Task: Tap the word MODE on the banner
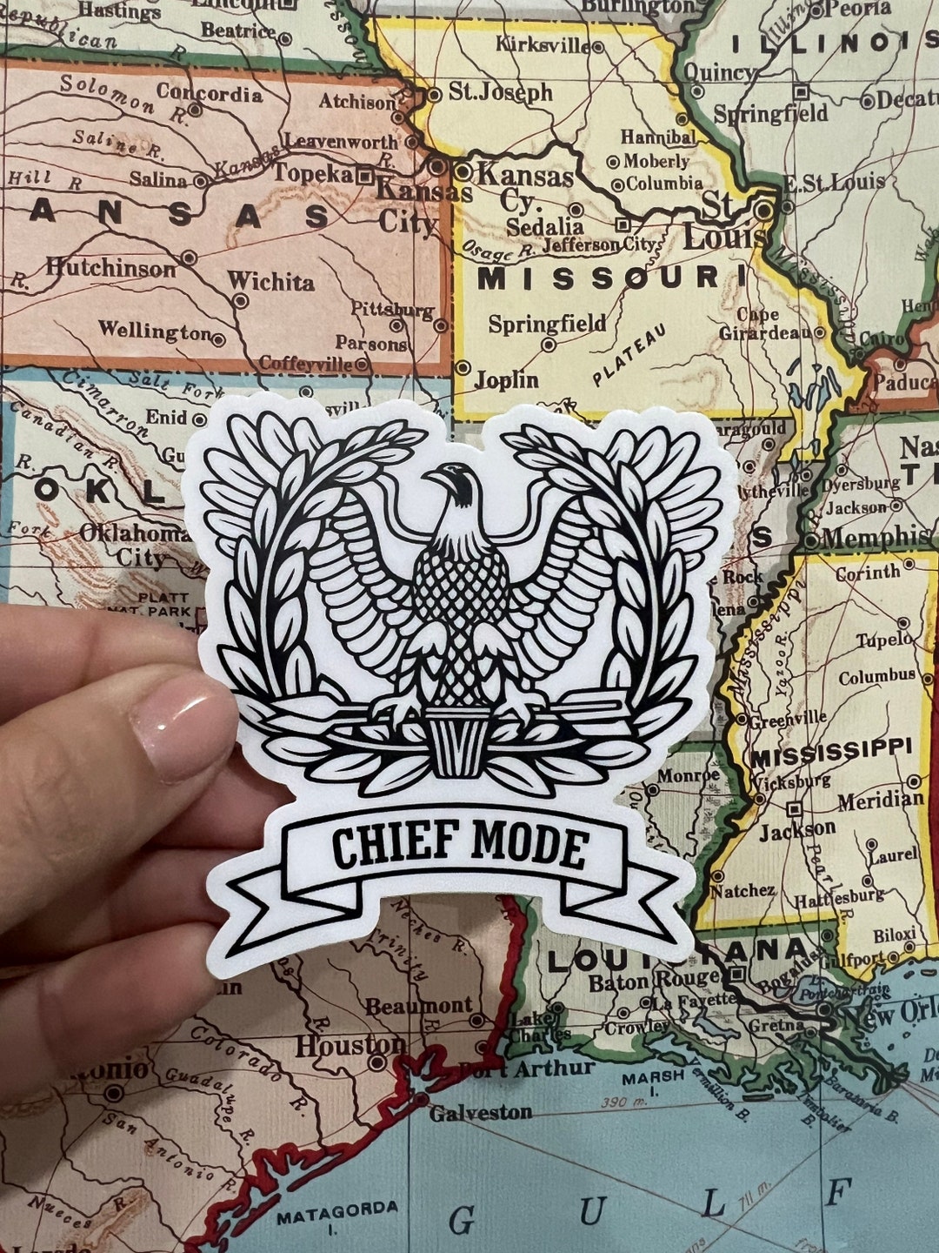pos(530,847)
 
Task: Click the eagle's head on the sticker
pos(459,484)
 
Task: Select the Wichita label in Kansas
pos(270,282)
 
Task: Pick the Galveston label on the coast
pos(480,1112)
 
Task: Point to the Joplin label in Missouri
pos(506,379)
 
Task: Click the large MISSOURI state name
pos(599,279)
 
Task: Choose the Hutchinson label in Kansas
pos(110,268)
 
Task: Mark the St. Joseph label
pos(500,92)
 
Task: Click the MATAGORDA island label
pos(337,1209)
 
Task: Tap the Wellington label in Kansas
pos(154,332)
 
